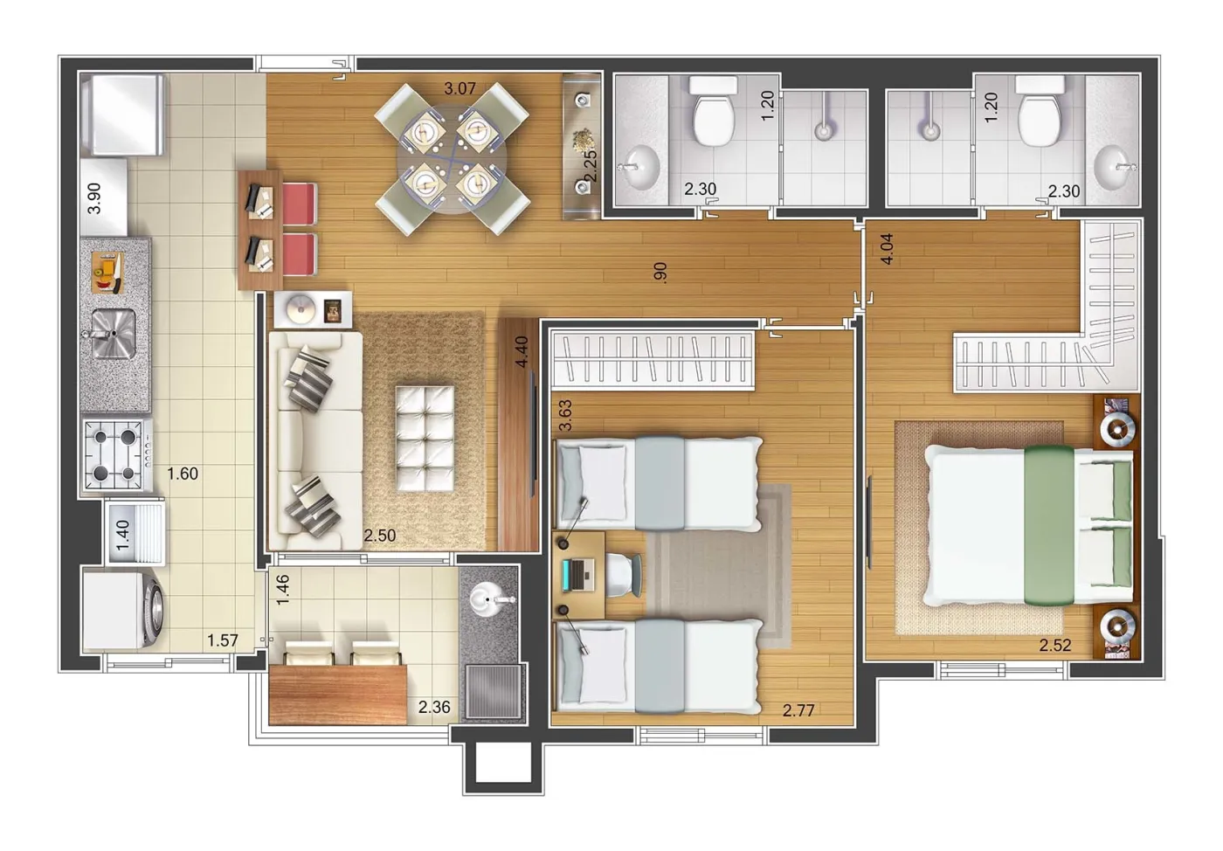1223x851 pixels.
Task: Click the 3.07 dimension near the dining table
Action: [x=459, y=88]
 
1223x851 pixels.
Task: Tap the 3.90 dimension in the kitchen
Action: [x=94, y=198]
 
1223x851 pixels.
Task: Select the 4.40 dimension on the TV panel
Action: [x=522, y=352]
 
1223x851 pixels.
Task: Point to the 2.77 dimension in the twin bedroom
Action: [x=798, y=710]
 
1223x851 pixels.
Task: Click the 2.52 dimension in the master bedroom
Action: [x=1055, y=645]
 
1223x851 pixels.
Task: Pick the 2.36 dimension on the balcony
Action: [x=434, y=707]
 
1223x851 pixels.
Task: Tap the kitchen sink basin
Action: [x=113, y=334]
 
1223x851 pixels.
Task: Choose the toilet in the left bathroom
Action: [x=714, y=111]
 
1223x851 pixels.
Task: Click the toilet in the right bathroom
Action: [x=1040, y=111]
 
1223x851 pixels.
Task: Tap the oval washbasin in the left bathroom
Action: [x=639, y=167]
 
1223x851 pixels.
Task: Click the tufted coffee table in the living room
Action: [x=425, y=439]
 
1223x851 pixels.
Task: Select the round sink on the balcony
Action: [x=489, y=599]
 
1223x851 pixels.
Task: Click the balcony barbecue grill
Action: [x=494, y=691]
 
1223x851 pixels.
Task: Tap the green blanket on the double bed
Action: [x=1049, y=525]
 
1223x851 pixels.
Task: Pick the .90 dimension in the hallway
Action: [x=660, y=273]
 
